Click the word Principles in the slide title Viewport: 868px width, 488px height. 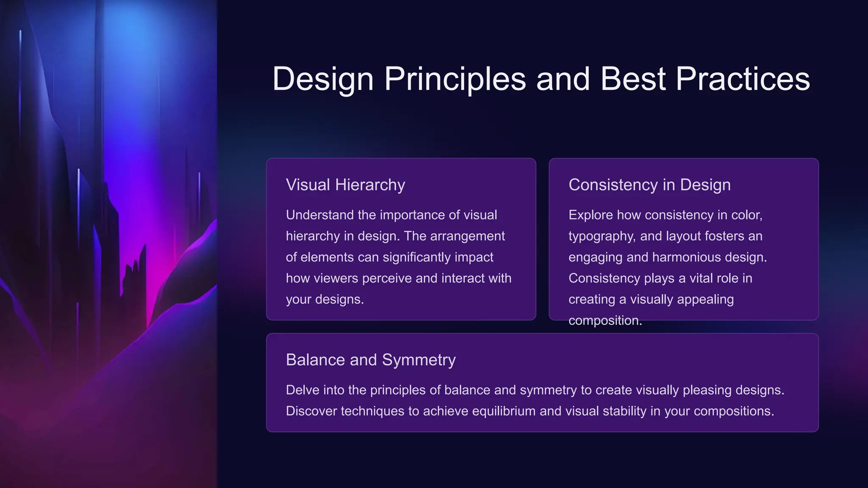[x=454, y=79]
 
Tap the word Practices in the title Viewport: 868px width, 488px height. [x=742, y=79]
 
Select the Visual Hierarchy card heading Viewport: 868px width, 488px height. [x=345, y=185]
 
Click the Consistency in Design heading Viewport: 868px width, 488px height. [x=649, y=185]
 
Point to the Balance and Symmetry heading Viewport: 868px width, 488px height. [x=370, y=360]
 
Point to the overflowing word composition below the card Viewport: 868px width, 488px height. [x=605, y=321]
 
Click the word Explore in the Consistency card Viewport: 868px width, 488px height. [x=590, y=215]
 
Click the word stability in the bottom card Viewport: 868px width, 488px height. [x=625, y=411]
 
